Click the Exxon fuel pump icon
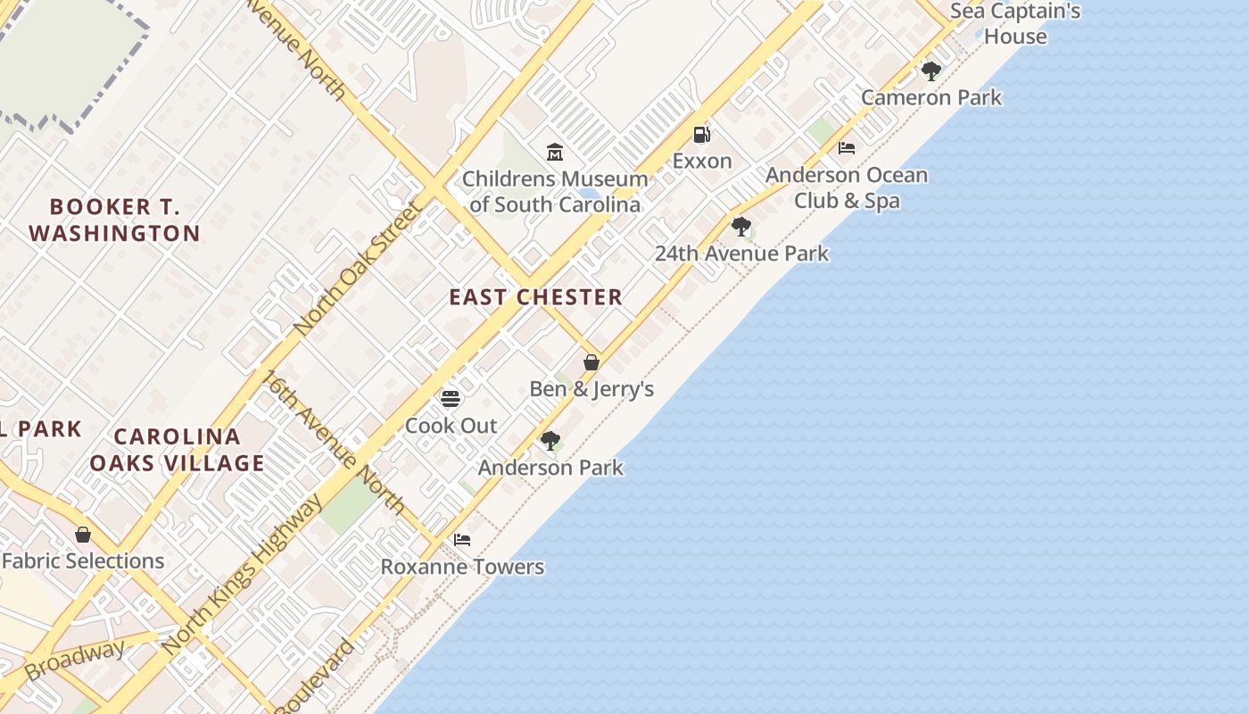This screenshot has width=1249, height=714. (702, 135)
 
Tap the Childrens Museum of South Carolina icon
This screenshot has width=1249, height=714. (555, 152)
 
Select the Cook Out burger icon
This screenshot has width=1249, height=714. (451, 398)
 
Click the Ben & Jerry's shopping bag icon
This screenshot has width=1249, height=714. (591, 362)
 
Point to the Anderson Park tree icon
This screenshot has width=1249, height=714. (550, 440)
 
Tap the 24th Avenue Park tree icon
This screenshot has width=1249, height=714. (740, 227)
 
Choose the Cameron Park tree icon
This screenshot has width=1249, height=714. (931, 71)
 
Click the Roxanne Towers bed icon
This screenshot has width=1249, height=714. (462, 540)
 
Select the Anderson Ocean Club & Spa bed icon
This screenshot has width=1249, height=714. (847, 148)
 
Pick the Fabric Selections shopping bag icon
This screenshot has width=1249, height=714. (83, 535)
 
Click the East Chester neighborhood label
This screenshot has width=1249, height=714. (535, 297)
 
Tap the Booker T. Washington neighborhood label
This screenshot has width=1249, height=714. (114, 220)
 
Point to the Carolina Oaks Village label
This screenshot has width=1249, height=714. (177, 450)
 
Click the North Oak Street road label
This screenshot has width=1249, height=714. (358, 269)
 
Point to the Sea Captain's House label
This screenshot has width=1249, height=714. (1015, 24)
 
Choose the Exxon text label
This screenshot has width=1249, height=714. (702, 162)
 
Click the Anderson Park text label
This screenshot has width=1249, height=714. (550, 468)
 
